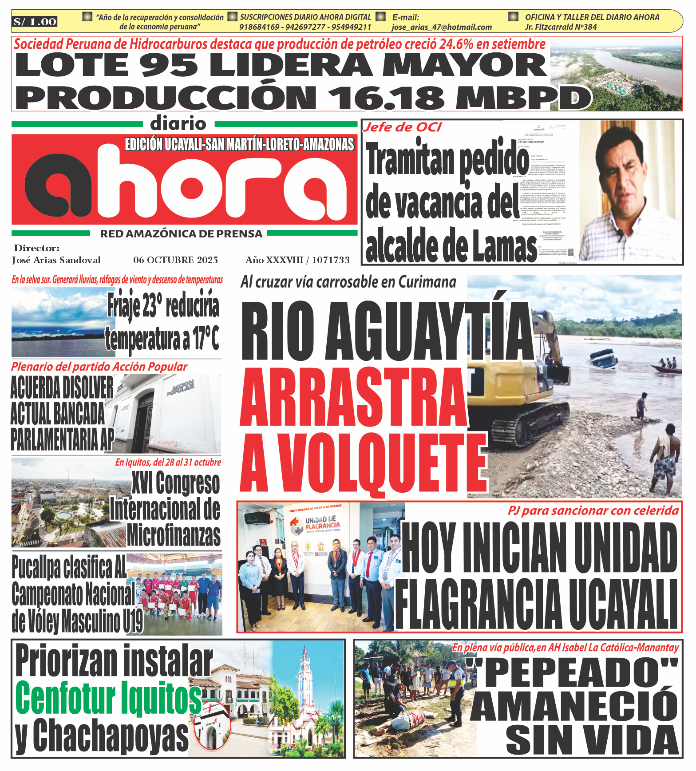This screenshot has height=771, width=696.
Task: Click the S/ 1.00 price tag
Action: coord(35,22)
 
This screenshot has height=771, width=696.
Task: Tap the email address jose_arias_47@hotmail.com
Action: coord(442,27)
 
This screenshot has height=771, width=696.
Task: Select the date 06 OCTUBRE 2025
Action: coord(176,260)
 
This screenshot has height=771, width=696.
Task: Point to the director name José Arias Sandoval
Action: coord(56,260)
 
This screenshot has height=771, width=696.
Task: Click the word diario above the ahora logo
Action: coord(178,123)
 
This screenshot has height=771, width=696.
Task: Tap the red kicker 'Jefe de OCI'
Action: coord(403,127)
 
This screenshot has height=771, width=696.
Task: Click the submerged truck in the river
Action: coord(604,358)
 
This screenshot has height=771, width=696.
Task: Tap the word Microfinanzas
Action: coord(174,536)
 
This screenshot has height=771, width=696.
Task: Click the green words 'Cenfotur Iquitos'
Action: coord(108,697)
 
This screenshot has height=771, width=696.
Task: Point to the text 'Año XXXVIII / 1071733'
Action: coord(297,260)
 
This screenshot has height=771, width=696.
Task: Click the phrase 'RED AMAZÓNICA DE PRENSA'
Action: coord(181,234)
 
